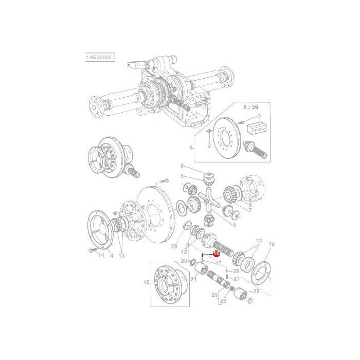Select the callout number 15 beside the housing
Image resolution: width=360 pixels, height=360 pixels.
click(147, 282)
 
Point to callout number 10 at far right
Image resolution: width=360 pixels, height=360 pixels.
click(272, 244)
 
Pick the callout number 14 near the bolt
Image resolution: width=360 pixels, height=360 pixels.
click(101, 255)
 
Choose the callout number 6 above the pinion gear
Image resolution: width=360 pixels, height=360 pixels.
click(182, 166)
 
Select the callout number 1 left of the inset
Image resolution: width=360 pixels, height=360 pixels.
click(191, 148)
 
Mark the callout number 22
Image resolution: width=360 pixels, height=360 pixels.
click(256, 291)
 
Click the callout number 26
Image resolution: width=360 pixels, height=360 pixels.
click(223, 301)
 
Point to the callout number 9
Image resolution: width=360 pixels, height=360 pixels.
click(233, 225)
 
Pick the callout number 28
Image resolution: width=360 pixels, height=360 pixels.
click(237, 271)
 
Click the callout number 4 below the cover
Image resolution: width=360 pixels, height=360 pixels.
click(112, 255)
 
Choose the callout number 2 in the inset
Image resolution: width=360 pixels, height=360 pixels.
click(209, 146)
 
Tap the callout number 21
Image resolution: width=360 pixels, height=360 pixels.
click(194, 279)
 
